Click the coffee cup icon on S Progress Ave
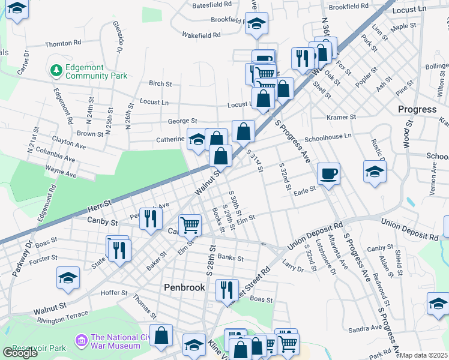click(x=328, y=173)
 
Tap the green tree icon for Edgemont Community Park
click(x=57, y=71)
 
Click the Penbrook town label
click(x=184, y=287)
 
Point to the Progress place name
click(x=417, y=109)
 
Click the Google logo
click(x=20, y=353)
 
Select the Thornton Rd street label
click(x=62, y=44)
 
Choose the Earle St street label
click(x=305, y=193)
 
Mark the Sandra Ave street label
click(x=364, y=328)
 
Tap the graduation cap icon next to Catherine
click(x=197, y=140)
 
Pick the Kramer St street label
click(x=341, y=117)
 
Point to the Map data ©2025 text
click(x=424, y=355)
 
